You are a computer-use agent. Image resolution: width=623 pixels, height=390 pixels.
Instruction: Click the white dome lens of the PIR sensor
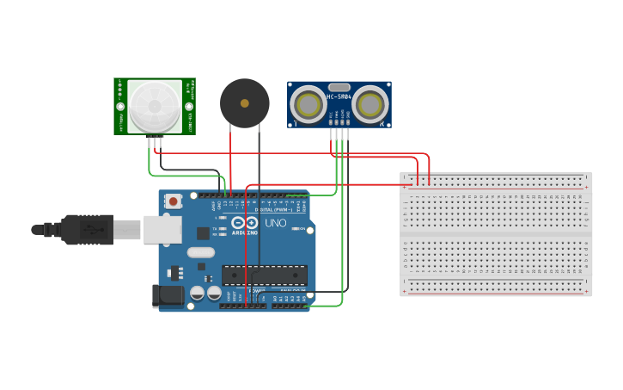(x=155, y=106)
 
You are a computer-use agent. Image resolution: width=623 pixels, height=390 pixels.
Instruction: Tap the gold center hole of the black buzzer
(x=245, y=103)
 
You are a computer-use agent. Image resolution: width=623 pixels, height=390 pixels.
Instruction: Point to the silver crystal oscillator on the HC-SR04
(x=339, y=87)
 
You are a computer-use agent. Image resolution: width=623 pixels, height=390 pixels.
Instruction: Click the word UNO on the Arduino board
(x=275, y=223)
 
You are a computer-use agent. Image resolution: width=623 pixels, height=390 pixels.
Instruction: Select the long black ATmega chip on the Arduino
(x=265, y=275)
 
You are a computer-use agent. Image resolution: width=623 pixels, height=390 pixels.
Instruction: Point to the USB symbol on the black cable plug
(x=89, y=230)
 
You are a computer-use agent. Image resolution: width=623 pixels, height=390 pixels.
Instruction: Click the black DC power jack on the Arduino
(x=168, y=295)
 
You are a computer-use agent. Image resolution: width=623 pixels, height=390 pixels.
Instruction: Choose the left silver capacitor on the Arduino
(x=198, y=293)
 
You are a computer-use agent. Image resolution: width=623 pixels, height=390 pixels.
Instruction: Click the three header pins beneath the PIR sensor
(x=156, y=140)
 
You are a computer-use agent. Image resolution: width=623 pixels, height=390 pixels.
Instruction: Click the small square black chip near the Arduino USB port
(x=203, y=232)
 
